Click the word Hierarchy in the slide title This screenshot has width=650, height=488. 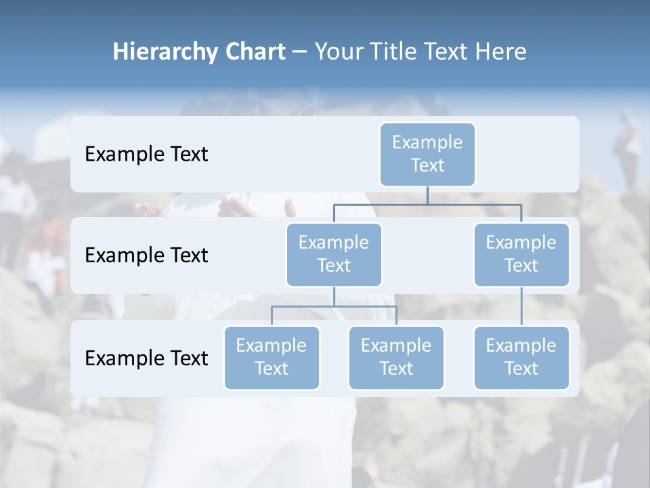pos(165,52)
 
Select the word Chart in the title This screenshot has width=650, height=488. pos(255,52)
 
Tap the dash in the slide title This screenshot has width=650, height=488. pos(299,52)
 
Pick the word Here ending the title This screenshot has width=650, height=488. pos(500,52)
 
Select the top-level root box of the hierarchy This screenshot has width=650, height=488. pos(427,155)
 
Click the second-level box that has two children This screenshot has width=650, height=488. pos(334,255)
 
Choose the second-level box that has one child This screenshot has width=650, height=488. pos(521,255)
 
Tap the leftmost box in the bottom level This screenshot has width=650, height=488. pos(272,358)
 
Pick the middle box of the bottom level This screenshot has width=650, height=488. pos(396,358)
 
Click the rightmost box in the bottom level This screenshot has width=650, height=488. pos(521,358)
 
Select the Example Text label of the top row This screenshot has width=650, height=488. pos(146,155)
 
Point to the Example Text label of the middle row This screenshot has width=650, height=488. pos(146,256)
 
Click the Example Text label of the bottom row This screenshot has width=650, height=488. pos(146,358)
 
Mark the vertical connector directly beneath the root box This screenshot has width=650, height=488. pos(427,195)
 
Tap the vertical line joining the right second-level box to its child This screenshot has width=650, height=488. pos(521,306)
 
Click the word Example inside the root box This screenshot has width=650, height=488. pos(427,142)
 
